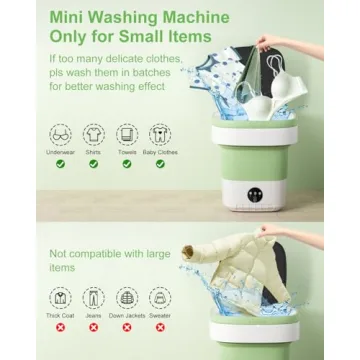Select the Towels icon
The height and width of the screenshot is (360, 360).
pyautogui.click(x=126, y=134)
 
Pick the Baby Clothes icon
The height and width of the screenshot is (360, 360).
pyautogui.click(x=158, y=134)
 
